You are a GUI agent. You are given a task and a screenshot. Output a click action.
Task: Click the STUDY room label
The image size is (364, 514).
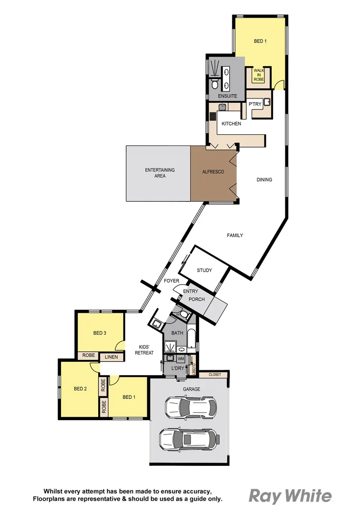coord(204,270)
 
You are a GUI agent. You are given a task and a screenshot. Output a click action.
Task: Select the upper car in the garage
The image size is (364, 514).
coord(191,407)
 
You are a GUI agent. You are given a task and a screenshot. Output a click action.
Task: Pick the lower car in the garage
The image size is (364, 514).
coord(189,438)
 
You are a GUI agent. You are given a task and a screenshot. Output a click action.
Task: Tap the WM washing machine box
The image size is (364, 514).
coord(181,358)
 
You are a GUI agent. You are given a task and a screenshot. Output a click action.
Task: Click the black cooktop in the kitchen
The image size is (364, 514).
coord(212,116)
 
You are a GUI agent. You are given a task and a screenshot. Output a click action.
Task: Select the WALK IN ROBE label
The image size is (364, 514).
coord(258,75)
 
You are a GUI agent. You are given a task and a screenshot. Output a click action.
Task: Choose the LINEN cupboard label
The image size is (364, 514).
coord(111,356)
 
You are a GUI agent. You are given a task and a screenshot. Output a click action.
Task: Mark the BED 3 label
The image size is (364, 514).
coord(99,333)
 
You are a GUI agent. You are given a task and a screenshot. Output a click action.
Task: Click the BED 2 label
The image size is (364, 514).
coord(80,389)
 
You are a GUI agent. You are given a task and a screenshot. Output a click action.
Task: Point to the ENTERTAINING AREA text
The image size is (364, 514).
coord(160,173)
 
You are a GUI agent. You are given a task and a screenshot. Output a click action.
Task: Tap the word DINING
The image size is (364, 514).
coord(264,180)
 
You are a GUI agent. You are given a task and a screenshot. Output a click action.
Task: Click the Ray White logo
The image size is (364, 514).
coord(290,496)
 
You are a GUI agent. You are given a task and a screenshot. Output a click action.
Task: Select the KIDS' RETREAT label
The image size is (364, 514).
coord(144,350)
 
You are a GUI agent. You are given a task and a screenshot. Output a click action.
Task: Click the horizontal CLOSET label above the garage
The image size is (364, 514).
coord(214,375)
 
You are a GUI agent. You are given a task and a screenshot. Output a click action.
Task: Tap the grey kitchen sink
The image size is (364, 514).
coord(222,107)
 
